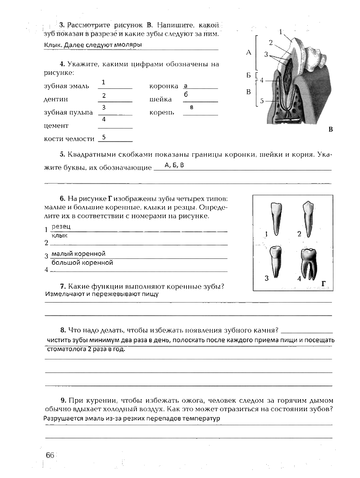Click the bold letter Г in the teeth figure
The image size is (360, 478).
324,284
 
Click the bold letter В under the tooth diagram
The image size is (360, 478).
330,130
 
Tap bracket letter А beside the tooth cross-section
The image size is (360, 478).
248,52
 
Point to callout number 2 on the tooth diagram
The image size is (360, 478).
271,43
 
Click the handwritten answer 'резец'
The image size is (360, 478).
61,226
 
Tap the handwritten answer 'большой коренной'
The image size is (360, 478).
82,262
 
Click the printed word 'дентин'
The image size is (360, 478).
56,99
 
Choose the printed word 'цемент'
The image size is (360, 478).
56,126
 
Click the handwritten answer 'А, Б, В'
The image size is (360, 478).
174,165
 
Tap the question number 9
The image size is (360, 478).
64,400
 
